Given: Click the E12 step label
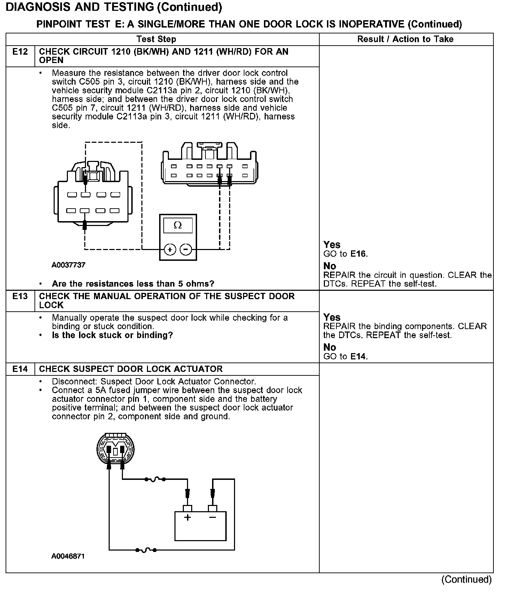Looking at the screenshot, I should coord(20,52).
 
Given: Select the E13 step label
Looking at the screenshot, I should coord(20,296).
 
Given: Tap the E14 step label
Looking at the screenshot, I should coord(20,369).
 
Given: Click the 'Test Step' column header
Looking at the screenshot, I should coord(156,39).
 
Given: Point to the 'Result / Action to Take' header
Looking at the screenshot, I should coord(405,39).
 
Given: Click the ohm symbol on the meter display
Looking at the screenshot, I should coord(178,225).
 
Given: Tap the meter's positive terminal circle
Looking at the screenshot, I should coord(170,249).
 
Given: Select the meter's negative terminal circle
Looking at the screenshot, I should coord(186,249).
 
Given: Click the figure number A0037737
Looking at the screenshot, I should coord(69,265).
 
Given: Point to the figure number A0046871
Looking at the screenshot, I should coord(68,556).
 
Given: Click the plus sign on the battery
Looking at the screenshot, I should coord(188,517).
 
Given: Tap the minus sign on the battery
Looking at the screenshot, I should coord(212,517).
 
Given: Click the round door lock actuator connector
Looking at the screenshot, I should coord(115,449).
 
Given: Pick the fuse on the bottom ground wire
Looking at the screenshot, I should coord(146,550).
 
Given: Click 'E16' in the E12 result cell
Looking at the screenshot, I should coord(359,254).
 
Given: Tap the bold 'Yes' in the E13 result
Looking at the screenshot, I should coord(332,317).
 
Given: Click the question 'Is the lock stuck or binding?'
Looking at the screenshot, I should coord(112,335).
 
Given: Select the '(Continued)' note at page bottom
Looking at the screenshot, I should coord(466,579).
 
